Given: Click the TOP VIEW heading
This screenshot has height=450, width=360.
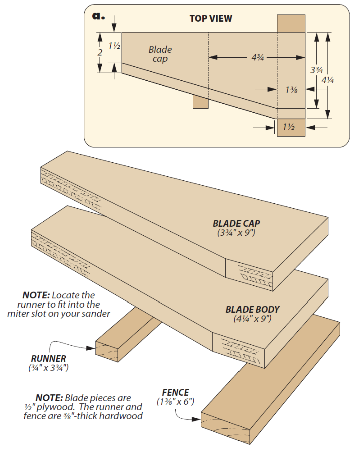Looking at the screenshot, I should tap(211, 18).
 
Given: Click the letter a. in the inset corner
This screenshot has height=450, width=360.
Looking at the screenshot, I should tap(98, 16).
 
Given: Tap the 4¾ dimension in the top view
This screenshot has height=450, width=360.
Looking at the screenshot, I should tap(258, 57).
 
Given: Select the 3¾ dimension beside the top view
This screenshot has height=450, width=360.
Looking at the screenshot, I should tap(316, 70).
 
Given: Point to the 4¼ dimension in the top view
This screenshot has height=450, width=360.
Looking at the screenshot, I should tap(327, 80).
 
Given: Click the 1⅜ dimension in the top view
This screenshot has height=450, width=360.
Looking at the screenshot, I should tap(291, 90).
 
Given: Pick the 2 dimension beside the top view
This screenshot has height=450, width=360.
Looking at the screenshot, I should tap(100, 53).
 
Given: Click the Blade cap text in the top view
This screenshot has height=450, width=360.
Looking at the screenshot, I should tap(160, 54).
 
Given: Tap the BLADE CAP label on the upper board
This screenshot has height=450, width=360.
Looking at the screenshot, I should tap(236, 223).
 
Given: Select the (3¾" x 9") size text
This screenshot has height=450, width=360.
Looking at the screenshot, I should tap(236, 233).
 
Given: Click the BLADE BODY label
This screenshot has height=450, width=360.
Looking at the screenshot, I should tap(252, 309).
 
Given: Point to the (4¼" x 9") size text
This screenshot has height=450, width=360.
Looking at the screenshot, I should tap(252, 319).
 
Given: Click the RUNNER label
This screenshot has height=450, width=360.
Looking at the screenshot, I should tap(48, 359).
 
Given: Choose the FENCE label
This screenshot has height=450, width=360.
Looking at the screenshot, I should tap(175, 392).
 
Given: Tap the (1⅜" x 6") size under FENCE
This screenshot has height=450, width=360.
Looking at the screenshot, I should tap(175, 402).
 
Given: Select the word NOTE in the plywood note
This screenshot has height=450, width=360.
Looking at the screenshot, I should tap(49, 398).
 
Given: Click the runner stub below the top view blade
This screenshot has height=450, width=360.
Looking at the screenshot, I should tap(200, 103).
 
